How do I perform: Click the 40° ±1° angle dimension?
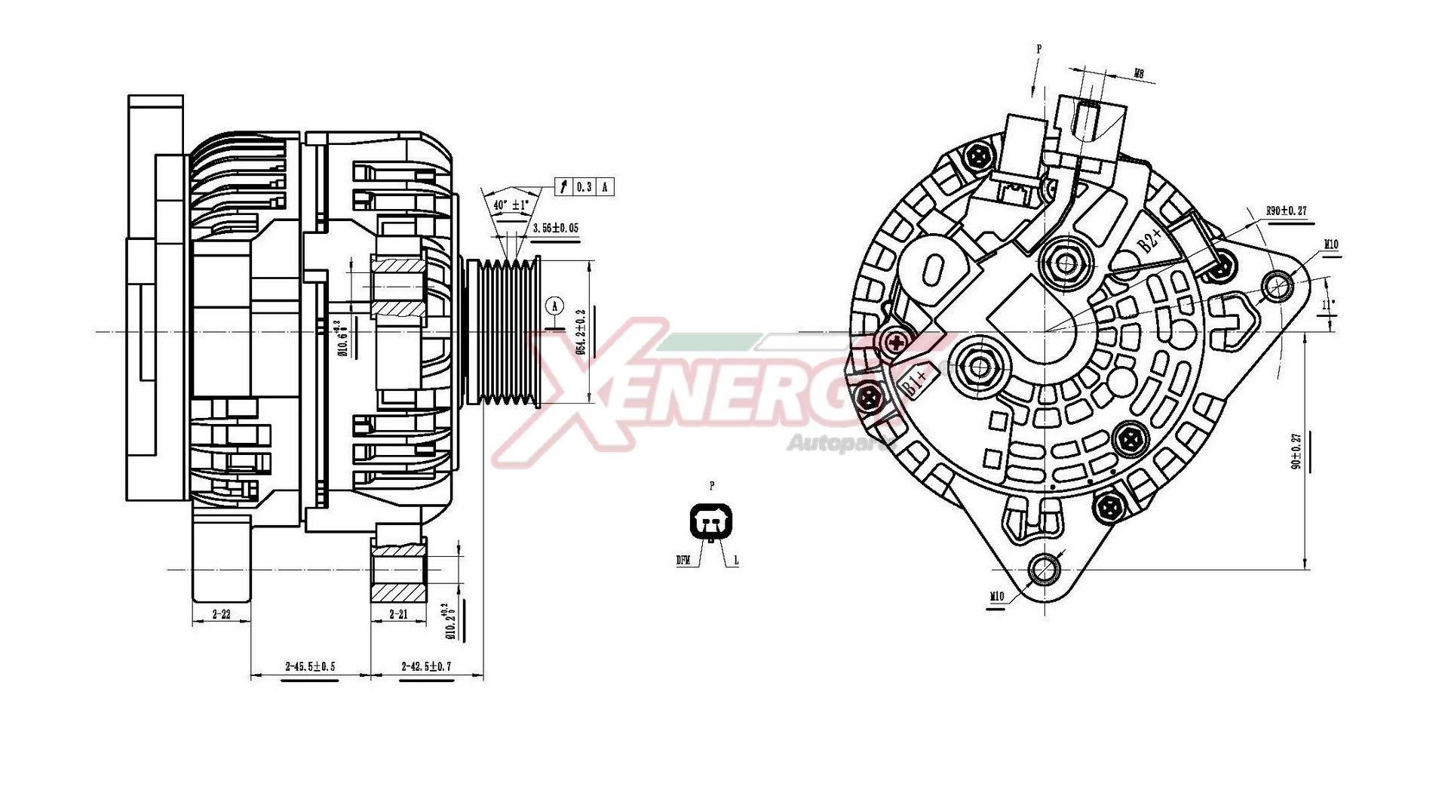pos(511,205)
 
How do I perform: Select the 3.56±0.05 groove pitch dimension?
pos(555,228)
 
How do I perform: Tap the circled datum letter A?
pos(554,306)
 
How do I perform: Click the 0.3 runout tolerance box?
pos(584,186)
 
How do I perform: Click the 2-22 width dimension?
pos(221,614)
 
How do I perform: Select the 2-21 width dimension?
pos(398,614)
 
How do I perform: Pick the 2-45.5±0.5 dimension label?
pos(310,666)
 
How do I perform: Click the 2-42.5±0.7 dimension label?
pos(426,666)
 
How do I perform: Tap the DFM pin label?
pos(683,561)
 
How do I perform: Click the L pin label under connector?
pos(736,561)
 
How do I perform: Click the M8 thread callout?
pos(1139,74)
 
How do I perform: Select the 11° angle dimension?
pos(1329,306)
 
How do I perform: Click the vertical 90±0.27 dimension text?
pos(1296,451)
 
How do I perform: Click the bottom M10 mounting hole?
pos(1044,570)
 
